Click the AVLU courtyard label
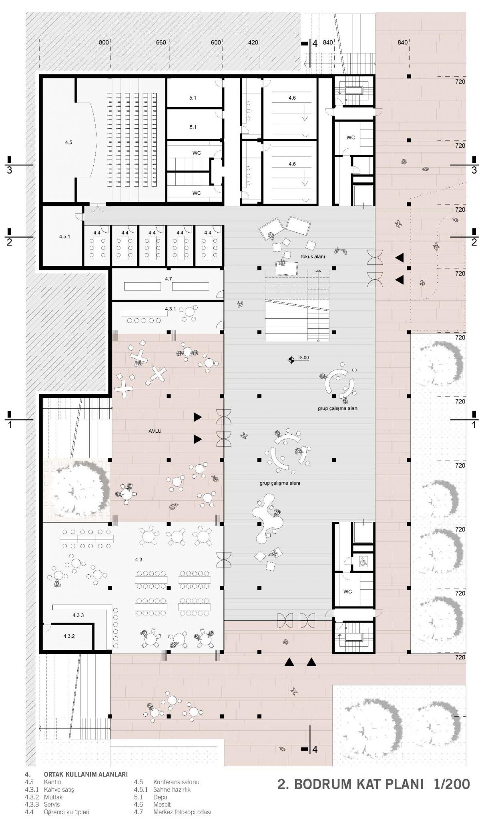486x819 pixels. pos(155,431)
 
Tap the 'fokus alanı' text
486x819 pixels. pos(313,256)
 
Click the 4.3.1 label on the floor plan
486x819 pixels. pos(171,309)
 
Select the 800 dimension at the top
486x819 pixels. pos(104,42)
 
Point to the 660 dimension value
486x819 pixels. pos(161,42)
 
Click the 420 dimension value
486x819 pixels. pos(253,42)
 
